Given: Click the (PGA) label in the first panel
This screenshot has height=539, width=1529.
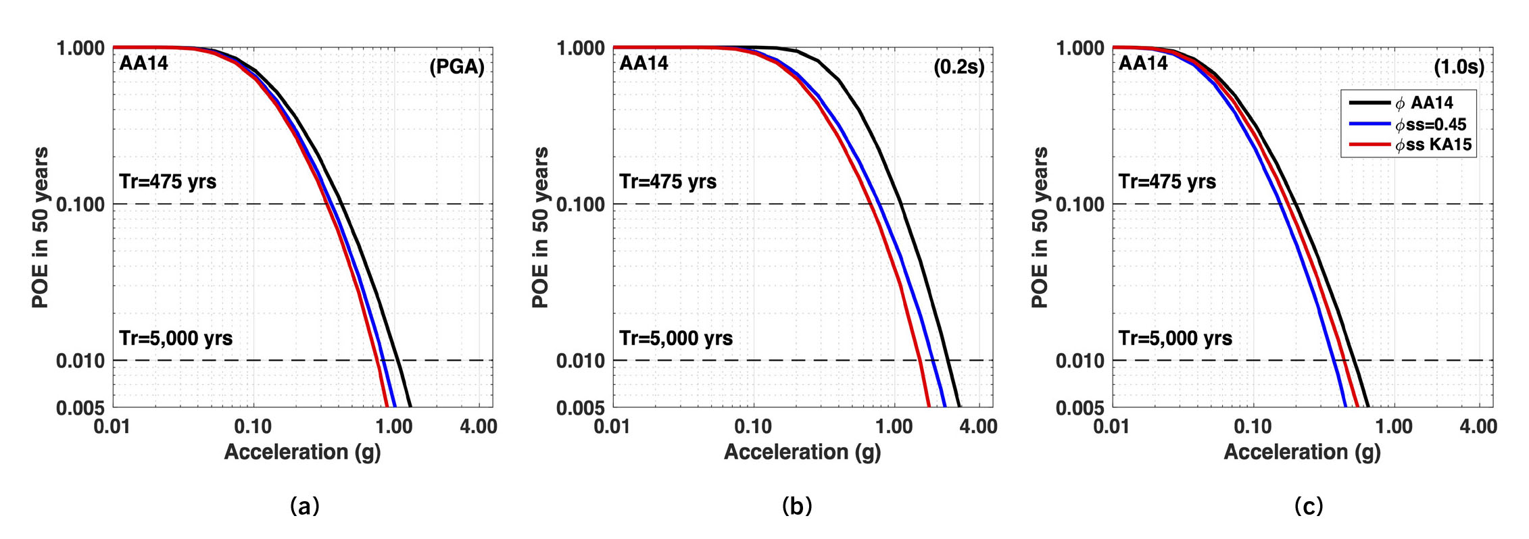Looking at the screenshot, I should coord(457,67).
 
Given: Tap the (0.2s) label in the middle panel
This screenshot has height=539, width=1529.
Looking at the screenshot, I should coord(958,67).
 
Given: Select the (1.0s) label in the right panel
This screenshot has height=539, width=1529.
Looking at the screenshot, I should coord(1459,67).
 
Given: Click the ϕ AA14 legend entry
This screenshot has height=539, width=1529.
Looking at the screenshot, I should coord(1424,103).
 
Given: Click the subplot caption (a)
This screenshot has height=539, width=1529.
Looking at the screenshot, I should coord(304,505).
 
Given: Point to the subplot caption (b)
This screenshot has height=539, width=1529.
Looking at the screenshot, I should coord(797,505).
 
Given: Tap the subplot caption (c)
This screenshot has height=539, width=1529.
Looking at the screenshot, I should coord(1308,505).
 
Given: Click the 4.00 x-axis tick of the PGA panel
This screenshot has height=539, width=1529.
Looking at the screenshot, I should coord(479,426).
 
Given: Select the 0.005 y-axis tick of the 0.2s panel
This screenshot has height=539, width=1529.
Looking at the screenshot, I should coord(580,408).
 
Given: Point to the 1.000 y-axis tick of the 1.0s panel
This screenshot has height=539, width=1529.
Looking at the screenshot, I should coord(1080,48).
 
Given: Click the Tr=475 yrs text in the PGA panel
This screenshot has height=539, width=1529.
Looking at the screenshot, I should coord(168,182).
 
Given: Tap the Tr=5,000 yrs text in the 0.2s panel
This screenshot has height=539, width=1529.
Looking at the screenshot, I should coord(676,338).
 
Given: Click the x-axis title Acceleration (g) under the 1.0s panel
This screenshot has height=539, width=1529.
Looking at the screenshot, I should coord(1302,452).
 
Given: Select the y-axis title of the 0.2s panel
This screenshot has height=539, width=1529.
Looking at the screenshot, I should coord(539,228).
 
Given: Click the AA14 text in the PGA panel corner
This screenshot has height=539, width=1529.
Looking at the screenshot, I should coord(143,63).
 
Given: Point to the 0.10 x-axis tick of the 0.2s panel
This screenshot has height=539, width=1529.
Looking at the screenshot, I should coord(753,426).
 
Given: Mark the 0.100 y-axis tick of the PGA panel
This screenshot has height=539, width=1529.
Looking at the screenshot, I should coord(80,204).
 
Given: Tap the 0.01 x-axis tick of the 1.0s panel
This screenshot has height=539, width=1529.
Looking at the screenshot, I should coord(1112,426).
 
